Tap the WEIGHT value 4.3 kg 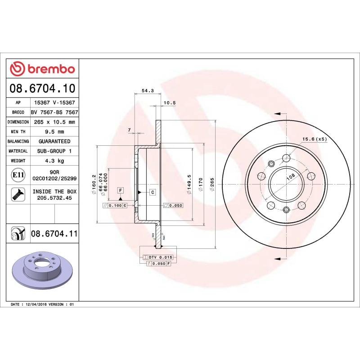(x=54, y=161)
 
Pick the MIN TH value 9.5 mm (x=54, y=131)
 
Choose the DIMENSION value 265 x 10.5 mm (x=54, y=122)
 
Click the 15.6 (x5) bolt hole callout (x=315, y=139)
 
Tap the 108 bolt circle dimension (x=290, y=178)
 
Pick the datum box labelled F (x=121, y=190)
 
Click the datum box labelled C (x=152, y=193)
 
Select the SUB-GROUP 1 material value (x=54, y=151)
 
